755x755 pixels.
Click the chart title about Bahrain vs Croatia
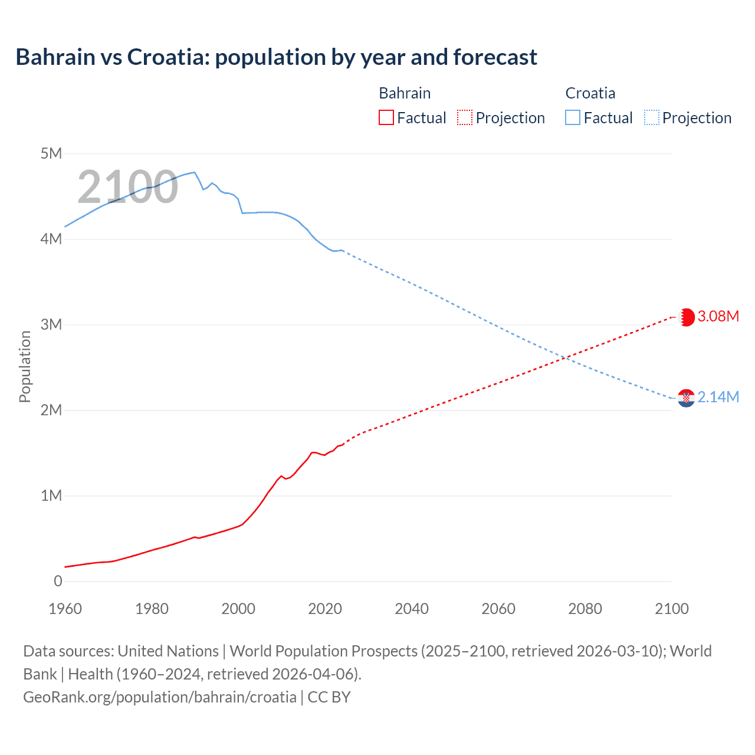pos(276,57)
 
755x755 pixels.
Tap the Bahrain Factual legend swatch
pos(386,117)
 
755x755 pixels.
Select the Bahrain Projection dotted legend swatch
pos(465,117)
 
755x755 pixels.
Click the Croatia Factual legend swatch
pos(573,117)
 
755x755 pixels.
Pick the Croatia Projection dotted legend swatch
pos(651,117)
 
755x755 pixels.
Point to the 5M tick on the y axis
pos(51,154)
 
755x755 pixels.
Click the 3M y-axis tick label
pos(51,324)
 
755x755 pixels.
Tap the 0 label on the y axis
pos(58,581)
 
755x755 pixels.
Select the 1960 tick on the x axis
pos(65,609)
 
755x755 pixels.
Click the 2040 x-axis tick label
pos(412,609)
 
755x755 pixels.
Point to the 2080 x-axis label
pos(585,609)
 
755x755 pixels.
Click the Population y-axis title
pos(25,366)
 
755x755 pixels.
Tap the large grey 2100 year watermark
pos(127,187)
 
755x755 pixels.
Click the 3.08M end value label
pos(718,316)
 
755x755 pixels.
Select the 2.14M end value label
pos(718,397)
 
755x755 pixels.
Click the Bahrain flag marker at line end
pos(687,317)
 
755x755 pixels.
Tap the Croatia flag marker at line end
pos(687,398)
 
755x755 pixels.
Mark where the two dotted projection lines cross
pos(566,357)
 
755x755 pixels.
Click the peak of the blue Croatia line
pos(194,172)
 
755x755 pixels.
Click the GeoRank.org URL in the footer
pos(160,697)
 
